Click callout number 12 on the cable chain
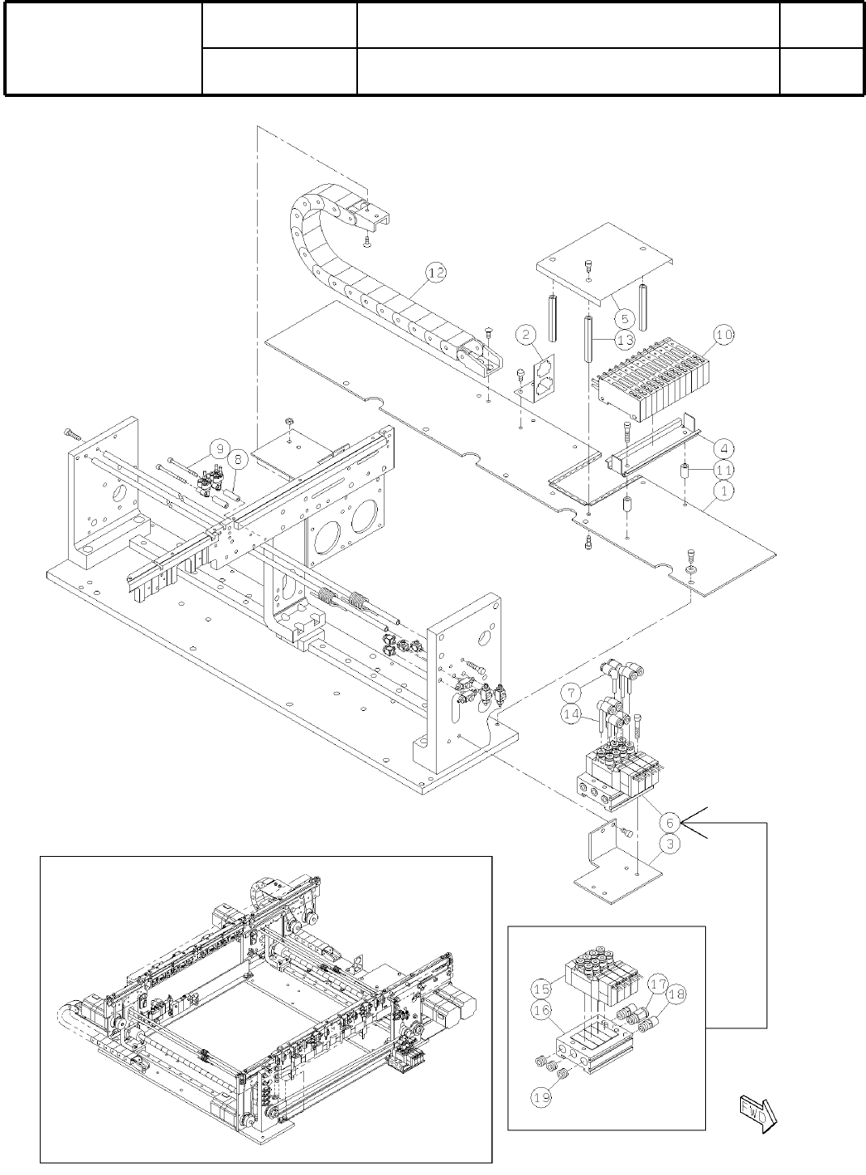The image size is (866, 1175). [x=436, y=273]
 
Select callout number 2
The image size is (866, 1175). [x=525, y=336]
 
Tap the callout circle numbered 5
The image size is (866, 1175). [x=623, y=317]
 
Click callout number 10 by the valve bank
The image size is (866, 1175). [x=723, y=336]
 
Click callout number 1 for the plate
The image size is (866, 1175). [x=723, y=491]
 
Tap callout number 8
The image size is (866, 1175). [x=238, y=457]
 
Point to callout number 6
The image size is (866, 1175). [x=670, y=822]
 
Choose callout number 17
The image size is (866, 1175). [x=658, y=984]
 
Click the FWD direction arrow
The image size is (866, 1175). [x=755, y=1110]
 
